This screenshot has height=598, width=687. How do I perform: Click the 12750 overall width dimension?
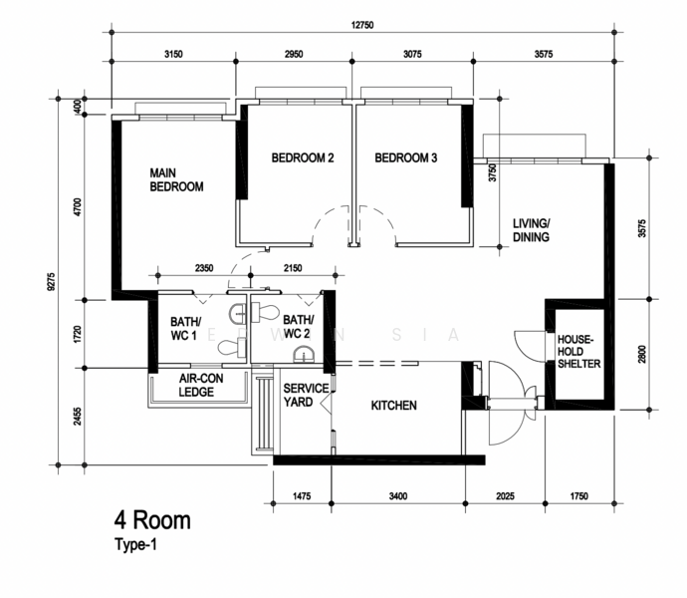(x=362, y=25)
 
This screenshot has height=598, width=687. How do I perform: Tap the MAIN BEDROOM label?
(x=176, y=179)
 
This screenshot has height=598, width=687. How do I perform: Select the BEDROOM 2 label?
(x=303, y=157)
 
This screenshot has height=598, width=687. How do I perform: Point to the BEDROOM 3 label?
(x=405, y=157)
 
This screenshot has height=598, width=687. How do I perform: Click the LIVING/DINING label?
(x=531, y=230)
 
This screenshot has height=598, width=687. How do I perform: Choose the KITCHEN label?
(x=394, y=406)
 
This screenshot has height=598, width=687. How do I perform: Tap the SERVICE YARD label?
(x=306, y=395)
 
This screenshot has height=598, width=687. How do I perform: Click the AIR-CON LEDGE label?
(x=201, y=386)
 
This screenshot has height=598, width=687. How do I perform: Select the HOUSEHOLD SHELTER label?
(x=578, y=352)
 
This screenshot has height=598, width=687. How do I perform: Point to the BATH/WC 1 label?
(x=185, y=329)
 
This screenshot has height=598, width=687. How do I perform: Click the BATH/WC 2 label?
(x=299, y=327)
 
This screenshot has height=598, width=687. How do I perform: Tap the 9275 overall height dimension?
(x=51, y=282)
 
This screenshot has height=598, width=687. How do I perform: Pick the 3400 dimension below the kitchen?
(x=398, y=496)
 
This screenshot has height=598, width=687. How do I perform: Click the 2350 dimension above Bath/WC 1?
(x=204, y=268)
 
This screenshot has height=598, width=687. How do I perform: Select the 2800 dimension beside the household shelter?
(x=642, y=355)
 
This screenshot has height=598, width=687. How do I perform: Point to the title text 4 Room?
(x=152, y=520)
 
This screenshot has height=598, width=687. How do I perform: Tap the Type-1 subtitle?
(x=135, y=544)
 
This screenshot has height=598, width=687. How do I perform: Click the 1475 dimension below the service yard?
(x=302, y=496)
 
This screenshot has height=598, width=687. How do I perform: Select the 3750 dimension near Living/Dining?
(x=493, y=172)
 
